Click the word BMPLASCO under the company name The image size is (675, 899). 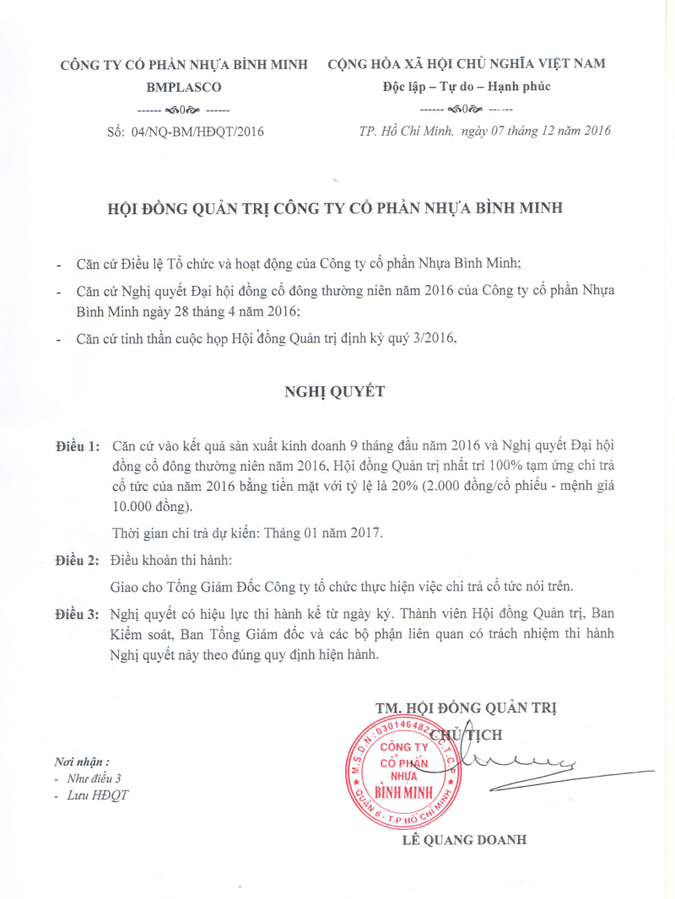pyautogui.click(x=183, y=87)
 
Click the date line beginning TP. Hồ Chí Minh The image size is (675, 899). pyautogui.click(x=484, y=131)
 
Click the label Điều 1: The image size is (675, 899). pyautogui.click(x=77, y=444)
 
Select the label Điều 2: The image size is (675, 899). pyautogui.click(x=77, y=560)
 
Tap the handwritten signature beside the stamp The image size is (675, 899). pyautogui.click(x=540, y=766)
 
